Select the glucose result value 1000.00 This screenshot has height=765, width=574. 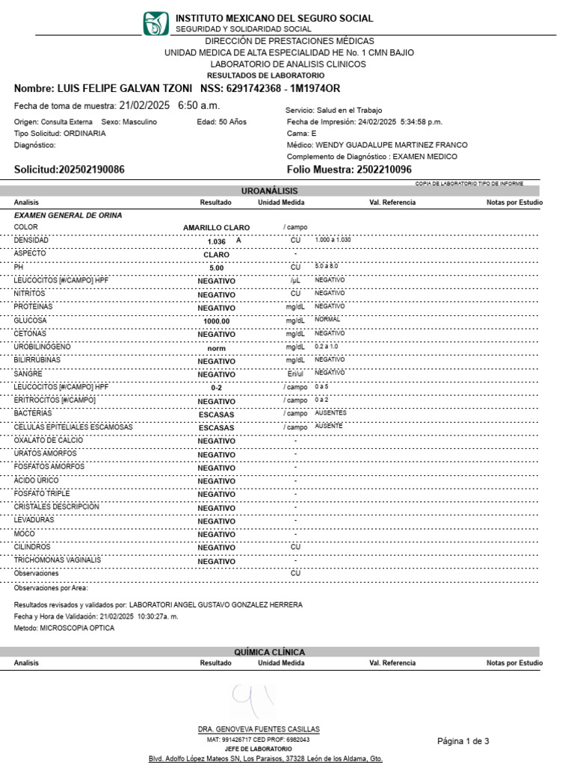216,321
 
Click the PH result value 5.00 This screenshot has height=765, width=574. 216,268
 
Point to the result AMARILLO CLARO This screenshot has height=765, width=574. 216,228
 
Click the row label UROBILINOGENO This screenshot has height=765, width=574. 43,347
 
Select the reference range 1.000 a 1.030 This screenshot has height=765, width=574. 333,240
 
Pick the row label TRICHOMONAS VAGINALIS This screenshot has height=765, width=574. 58,560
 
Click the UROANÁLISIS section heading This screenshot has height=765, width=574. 269,191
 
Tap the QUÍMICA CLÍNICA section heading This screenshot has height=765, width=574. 269,652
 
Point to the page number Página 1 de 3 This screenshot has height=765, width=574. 463,741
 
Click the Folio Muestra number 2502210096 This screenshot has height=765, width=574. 383,170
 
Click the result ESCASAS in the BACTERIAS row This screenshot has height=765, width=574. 216,414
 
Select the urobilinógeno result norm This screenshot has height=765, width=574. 216,348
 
